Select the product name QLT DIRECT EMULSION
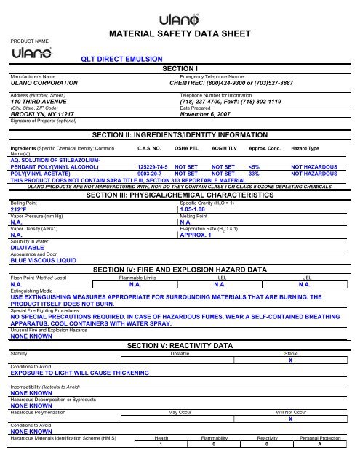point(121,59)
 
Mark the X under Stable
point(290,360)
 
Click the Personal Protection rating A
point(319,445)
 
